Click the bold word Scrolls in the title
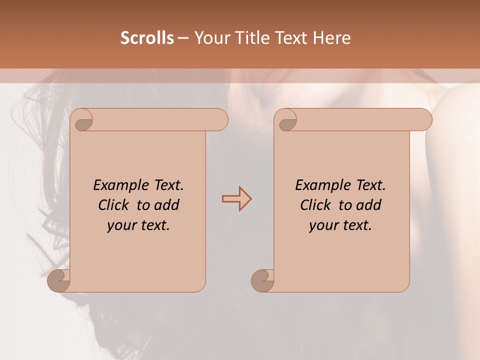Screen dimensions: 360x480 [x=147, y=38]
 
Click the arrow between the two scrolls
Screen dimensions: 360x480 [x=236, y=199]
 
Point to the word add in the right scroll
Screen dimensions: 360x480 [x=369, y=205]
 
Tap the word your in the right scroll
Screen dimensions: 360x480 [x=323, y=225]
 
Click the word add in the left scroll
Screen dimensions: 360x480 [x=167, y=205]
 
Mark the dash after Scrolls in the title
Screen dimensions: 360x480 [x=183, y=38]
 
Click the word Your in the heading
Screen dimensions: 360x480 [x=209, y=38]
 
